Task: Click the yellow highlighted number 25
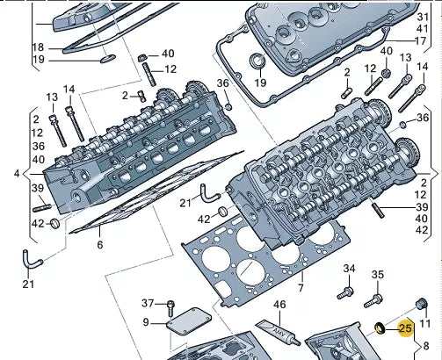405,328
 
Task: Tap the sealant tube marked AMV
279,333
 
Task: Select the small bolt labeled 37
170,308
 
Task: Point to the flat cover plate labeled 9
189,321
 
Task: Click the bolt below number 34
345,293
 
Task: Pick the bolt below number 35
373,301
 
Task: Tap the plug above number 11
422,305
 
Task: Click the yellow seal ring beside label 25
380,328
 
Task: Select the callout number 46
279,305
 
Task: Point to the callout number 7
301,288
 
